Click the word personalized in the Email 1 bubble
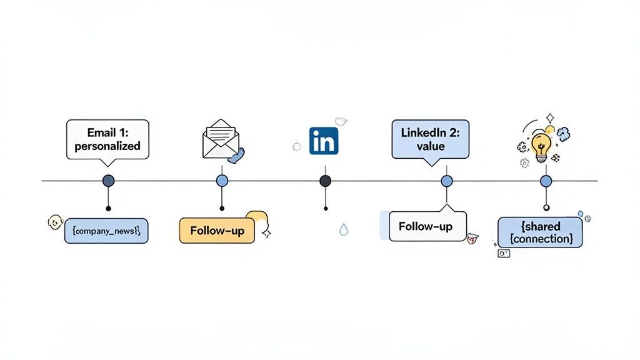[107, 146]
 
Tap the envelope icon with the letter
[219, 138]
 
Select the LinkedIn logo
[324, 141]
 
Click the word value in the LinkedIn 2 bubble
[430, 146]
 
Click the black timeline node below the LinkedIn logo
[325, 181]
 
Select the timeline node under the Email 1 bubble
[108, 181]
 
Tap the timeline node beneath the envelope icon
[222, 181]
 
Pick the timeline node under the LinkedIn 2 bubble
[446, 181]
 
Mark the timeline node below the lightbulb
[546, 181]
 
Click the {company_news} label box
[106, 231]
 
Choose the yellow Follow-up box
[216, 231]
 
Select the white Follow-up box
[427, 226]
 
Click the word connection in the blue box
[541, 239]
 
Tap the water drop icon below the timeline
[343, 230]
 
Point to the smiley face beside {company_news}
[55, 222]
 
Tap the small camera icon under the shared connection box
[504, 253]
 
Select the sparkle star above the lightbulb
[549, 117]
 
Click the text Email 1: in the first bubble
[107, 132]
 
